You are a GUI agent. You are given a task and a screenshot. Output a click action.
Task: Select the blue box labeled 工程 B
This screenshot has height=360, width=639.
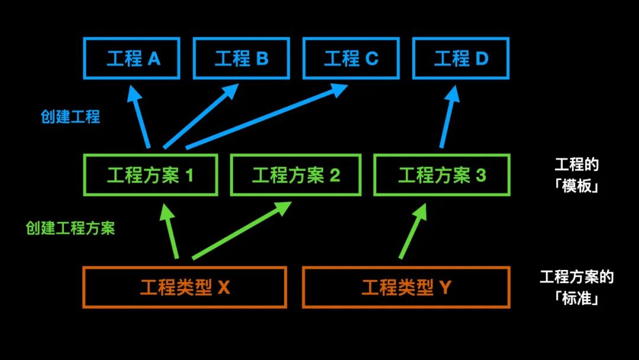click(241, 59)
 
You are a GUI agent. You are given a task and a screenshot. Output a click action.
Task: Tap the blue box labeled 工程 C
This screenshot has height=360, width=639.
click(351, 59)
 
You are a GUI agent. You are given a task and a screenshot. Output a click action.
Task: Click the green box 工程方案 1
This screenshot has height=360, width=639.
click(150, 175)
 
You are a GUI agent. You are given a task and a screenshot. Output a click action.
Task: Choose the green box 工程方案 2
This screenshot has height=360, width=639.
click(296, 175)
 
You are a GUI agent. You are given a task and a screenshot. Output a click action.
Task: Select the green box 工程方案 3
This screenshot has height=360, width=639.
click(441, 175)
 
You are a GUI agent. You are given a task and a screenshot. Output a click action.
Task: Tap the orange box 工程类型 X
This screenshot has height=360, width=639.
click(185, 288)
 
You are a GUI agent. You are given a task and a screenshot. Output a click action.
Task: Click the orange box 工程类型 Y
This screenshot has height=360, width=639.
click(406, 288)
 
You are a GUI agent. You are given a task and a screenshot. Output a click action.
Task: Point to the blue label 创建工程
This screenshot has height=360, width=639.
click(70, 116)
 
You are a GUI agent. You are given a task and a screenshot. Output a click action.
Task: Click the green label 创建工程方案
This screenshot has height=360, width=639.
click(70, 229)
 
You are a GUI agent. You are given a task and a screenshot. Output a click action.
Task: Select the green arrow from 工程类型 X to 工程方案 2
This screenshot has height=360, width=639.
click(240, 232)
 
